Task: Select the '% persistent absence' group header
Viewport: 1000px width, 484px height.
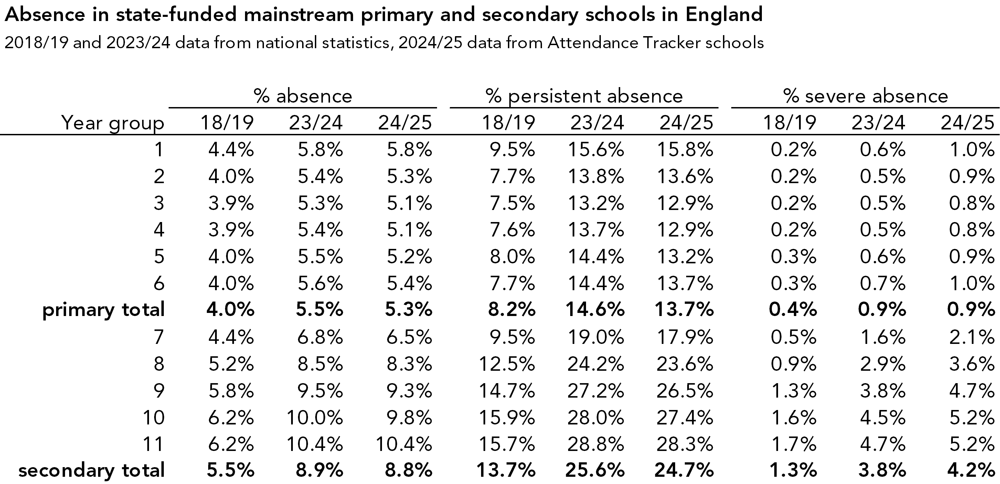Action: (x=584, y=96)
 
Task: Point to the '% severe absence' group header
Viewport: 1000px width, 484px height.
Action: (x=865, y=96)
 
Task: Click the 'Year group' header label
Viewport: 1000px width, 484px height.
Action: (x=113, y=123)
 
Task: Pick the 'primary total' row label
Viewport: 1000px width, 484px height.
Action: (x=103, y=309)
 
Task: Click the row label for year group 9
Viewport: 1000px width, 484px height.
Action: (x=159, y=390)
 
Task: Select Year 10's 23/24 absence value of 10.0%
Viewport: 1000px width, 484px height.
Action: (x=315, y=418)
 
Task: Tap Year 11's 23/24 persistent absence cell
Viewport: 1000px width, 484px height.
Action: (x=596, y=444)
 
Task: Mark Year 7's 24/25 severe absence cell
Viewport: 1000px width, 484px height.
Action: (x=972, y=337)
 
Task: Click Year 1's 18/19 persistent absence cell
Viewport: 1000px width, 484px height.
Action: (x=512, y=149)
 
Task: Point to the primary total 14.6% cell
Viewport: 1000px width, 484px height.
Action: (x=595, y=309)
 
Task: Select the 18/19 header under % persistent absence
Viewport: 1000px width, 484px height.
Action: (x=508, y=123)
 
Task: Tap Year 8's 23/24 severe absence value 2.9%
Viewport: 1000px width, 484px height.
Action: (x=882, y=364)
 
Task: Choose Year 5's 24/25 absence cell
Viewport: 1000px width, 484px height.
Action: (x=409, y=256)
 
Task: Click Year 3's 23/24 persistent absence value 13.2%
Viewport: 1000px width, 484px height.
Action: (x=596, y=203)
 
